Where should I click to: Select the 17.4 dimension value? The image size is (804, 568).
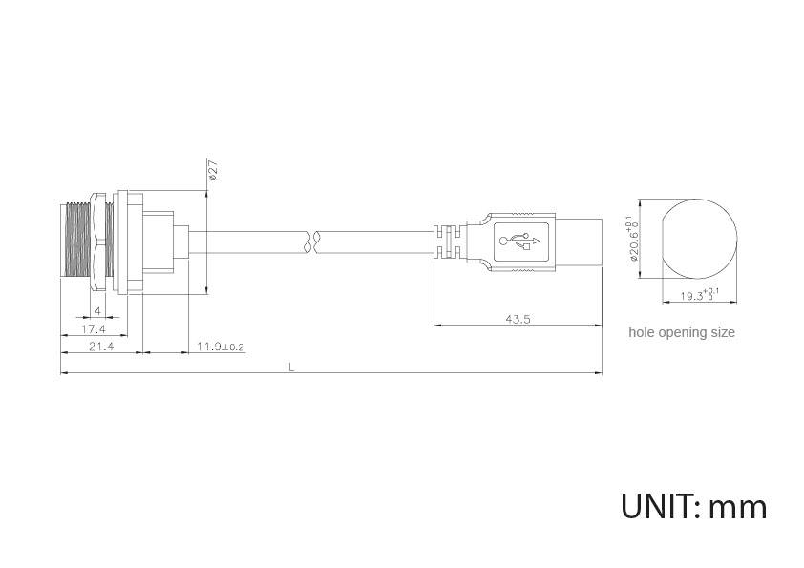[x=94, y=329]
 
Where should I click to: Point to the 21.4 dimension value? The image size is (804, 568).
[x=101, y=347]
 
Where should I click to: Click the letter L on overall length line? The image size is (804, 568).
[x=291, y=367]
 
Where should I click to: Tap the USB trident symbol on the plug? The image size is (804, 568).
[x=524, y=241]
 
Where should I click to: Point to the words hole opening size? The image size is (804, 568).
[x=681, y=332]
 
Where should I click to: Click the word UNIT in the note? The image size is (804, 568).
[x=660, y=506]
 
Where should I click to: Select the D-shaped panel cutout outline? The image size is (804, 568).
[x=700, y=239]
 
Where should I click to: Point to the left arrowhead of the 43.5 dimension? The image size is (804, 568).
[x=437, y=325]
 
